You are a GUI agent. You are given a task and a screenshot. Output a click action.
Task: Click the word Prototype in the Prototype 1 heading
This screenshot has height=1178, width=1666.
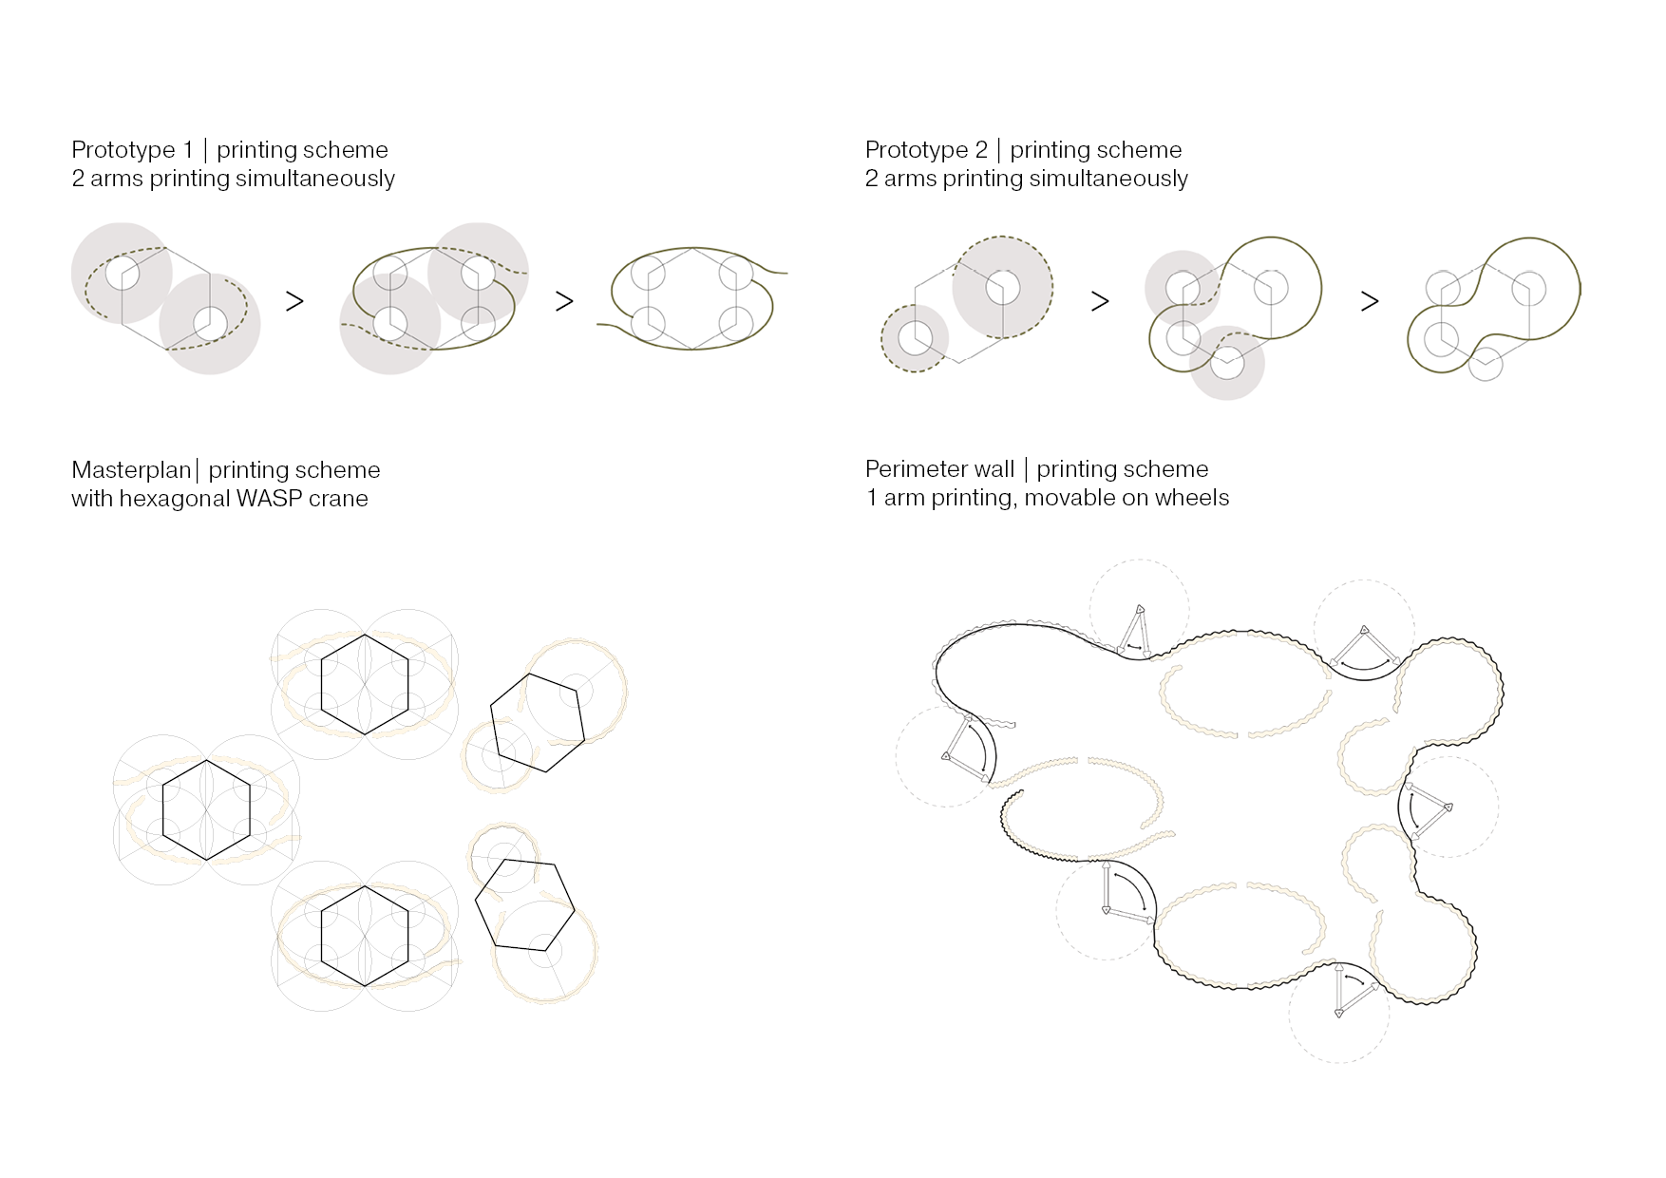[123, 150]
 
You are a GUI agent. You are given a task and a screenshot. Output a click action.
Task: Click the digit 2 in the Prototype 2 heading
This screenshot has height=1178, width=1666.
[980, 150]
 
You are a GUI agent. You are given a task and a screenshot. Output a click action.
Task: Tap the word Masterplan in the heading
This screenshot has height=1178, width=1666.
[131, 470]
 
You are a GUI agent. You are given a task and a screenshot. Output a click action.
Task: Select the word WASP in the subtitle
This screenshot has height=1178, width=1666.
[270, 499]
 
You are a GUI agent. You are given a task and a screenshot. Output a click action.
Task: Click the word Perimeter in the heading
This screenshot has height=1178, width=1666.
[912, 469]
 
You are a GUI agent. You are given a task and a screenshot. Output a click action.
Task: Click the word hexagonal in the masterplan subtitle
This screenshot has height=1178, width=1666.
[174, 500]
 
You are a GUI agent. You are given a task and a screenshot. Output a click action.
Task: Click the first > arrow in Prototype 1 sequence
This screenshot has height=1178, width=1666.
[294, 301]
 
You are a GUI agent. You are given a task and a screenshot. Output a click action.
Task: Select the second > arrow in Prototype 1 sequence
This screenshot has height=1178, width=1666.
[564, 301]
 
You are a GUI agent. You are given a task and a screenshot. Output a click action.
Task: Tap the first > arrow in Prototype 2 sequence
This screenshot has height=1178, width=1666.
[1100, 301]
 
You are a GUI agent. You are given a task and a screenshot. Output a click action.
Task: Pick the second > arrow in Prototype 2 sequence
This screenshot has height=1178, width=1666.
[1370, 301]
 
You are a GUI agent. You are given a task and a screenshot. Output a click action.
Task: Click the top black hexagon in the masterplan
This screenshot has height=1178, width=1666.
[365, 634]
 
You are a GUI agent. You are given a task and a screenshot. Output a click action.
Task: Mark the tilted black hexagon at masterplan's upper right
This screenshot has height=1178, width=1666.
[529, 674]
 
